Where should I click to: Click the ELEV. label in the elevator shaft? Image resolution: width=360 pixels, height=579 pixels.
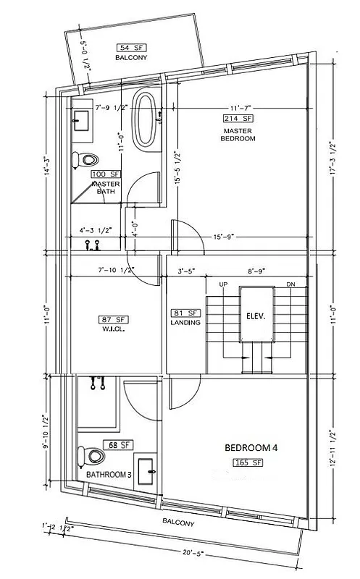(x=256, y=316)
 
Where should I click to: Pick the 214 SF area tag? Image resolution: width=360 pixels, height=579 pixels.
(x=238, y=117)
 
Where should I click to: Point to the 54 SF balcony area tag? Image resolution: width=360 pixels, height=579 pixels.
(x=130, y=47)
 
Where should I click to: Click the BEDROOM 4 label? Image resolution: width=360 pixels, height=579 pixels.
(x=251, y=447)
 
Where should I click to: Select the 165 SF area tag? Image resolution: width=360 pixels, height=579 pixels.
(x=246, y=462)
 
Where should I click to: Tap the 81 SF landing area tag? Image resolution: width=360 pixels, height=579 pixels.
(x=185, y=313)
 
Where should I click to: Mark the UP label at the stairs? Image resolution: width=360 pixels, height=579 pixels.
(x=224, y=284)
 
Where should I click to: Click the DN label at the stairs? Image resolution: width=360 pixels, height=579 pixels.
(x=290, y=284)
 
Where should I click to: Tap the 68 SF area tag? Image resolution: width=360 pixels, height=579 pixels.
(x=119, y=444)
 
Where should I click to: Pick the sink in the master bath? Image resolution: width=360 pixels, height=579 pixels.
(x=82, y=119)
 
